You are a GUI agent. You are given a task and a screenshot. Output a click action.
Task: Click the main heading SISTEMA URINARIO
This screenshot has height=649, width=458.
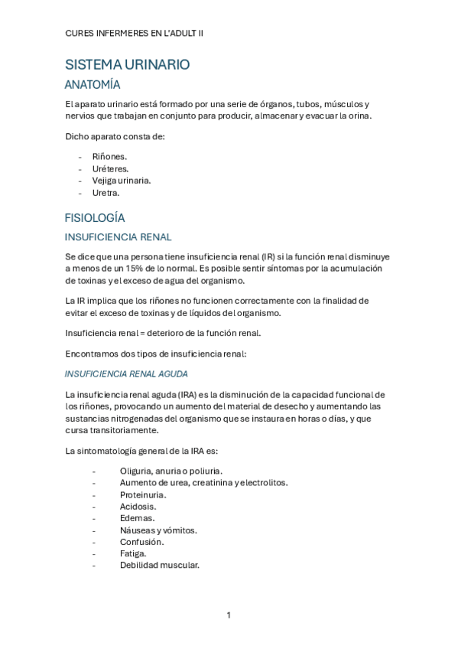[127, 65]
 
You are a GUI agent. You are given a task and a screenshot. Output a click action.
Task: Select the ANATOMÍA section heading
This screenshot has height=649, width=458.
[93, 85]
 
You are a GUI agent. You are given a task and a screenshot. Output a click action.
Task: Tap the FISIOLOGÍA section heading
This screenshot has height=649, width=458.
[95, 217]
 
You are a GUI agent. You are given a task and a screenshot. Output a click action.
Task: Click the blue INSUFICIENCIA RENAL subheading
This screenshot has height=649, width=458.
[118, 237]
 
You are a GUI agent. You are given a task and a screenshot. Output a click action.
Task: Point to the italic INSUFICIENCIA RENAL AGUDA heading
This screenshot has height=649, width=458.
[126, 374]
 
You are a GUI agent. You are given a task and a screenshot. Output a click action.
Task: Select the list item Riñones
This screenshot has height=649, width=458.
[109, 156]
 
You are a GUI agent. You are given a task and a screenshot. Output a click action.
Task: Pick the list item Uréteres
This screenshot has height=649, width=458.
[110, 168]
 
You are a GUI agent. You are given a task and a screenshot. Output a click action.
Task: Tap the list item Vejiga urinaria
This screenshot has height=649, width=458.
[121, 181]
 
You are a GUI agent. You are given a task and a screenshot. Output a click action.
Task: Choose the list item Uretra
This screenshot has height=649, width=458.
[106, 193]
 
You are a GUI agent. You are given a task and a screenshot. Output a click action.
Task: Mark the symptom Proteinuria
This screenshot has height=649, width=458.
[143, 494]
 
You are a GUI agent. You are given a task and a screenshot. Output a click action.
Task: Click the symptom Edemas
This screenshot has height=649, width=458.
[137, 518]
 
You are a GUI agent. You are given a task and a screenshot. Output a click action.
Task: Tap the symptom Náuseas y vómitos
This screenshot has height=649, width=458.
[158, 530]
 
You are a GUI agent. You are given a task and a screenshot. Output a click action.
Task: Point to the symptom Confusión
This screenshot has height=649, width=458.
[141, 542]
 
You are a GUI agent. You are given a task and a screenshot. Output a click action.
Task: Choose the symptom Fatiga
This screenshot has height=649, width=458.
[133, 553]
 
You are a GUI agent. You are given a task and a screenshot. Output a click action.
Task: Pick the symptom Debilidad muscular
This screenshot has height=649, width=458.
[159, 565]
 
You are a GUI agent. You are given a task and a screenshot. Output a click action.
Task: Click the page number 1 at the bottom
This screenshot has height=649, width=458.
[229, 615]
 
